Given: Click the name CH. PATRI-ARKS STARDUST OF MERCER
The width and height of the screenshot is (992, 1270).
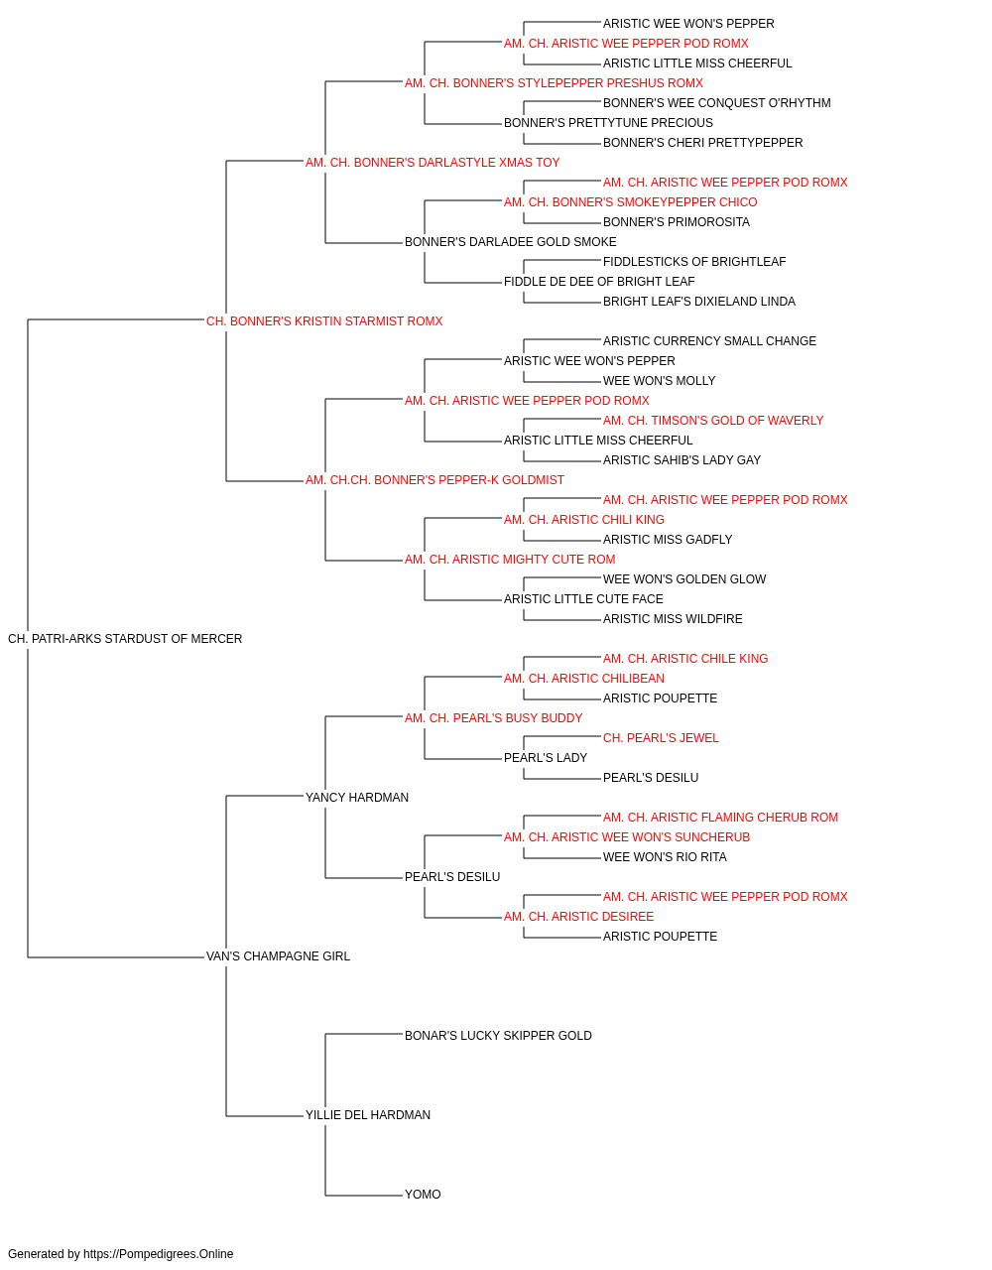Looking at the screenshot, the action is [125, 639].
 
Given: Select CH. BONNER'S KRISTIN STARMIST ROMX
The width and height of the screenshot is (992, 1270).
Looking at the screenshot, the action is [324, 321].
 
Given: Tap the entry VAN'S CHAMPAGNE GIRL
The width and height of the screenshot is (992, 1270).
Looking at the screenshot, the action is [278, 956].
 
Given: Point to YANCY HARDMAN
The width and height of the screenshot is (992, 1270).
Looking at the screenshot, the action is [357, 797].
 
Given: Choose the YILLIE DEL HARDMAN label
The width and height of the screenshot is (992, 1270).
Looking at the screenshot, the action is [368, 1114].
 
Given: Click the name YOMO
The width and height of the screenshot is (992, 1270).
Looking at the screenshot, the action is [423, 1194].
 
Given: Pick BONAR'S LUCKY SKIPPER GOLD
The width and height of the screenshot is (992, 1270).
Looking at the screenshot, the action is [498, 1036].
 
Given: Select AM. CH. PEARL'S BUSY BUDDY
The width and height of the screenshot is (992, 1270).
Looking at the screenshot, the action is [494, 718].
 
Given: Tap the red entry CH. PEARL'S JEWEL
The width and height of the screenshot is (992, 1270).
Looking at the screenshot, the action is [661, 738].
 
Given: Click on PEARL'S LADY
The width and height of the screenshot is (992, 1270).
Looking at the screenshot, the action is [546, 758].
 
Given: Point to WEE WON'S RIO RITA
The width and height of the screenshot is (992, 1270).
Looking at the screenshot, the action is [665, 857].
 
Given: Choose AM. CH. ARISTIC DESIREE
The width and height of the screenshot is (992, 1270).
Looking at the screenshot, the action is [579, 917].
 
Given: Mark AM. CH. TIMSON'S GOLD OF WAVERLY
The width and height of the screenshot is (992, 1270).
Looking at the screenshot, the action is [713, 421].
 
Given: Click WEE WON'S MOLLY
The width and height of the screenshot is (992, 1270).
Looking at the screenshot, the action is [659, 381].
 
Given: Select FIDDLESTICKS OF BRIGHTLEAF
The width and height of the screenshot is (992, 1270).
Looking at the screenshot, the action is [694, 262].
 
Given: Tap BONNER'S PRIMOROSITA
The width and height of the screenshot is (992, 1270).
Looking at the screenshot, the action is [677, 222].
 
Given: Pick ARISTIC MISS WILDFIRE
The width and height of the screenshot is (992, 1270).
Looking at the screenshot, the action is [673, 619].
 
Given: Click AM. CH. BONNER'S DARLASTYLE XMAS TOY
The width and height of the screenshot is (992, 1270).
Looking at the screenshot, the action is [433, 163].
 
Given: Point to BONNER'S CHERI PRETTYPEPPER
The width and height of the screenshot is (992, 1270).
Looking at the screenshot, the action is [702, 143].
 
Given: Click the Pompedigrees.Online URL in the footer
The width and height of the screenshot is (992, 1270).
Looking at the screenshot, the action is [159, 1254].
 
